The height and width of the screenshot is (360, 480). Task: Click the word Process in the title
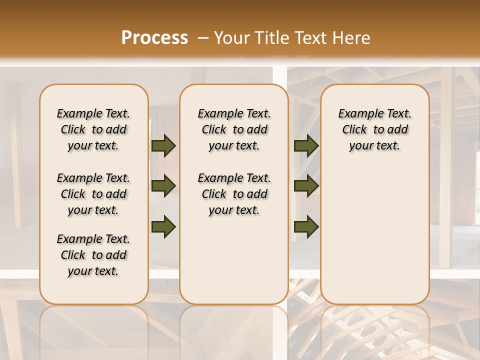pos(154,38)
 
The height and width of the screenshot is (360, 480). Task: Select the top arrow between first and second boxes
pos(163,146)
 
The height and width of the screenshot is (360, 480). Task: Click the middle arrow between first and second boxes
pos(163,186)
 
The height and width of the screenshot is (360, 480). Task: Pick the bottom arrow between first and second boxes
pos(163,226)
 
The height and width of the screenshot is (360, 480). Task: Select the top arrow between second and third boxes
pos(306,146)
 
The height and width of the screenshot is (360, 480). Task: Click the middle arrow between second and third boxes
pos(306,186)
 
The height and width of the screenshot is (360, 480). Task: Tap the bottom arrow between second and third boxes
pos(306,226)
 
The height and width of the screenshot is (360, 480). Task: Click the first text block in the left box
pos(93,129)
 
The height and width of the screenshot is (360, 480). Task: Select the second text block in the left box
pos(93,194)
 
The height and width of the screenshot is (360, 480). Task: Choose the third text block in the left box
pos(93,255)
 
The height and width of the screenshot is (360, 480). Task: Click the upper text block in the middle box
pos(234,129)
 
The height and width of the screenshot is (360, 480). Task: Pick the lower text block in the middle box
pos(234,194)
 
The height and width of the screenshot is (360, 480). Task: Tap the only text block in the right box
pos(374,129)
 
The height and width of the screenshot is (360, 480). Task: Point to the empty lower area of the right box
pos(374,230)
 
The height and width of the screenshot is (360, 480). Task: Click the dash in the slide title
pos(202,38)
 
